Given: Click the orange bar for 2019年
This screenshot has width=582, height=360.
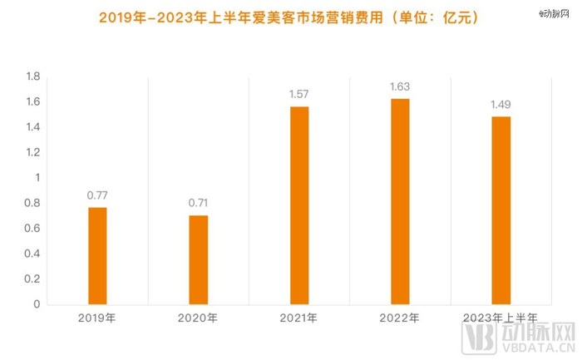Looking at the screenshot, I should [97, 255].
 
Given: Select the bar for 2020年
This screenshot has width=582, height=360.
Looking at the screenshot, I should [198, 259].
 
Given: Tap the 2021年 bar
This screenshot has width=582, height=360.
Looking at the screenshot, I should [299, 205].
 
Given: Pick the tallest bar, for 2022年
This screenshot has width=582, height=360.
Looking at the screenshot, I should [400, 201].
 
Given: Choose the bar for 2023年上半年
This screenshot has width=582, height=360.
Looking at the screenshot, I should [501, 210].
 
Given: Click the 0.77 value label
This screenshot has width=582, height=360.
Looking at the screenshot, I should [97, 195].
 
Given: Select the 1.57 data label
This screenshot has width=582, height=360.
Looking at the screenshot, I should [299, 95].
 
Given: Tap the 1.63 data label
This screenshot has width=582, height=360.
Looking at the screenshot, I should [400, 86].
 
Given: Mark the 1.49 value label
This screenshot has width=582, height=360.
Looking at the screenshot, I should [501, 105].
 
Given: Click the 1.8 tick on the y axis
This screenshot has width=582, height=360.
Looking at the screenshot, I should [33, 76].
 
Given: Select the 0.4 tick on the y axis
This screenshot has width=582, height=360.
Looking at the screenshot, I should [33, 254].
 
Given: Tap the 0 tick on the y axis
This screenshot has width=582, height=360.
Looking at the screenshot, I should [37, 304].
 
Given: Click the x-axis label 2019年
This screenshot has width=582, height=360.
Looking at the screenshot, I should [97, 318].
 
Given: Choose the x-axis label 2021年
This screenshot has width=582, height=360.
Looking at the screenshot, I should [299, 318].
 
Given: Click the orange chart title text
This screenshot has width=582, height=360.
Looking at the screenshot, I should [289, 16].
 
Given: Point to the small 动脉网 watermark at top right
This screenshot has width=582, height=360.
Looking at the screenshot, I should [557, 12].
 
